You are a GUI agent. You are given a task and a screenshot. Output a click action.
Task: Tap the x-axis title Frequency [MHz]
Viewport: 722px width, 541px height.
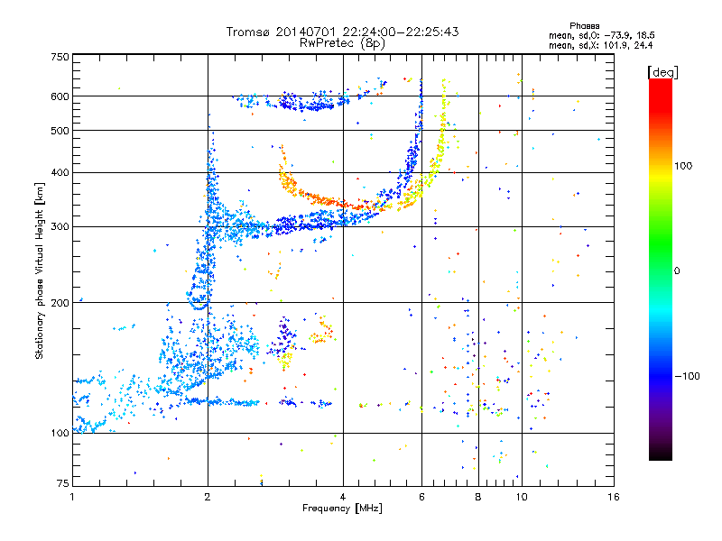tap(342, 509)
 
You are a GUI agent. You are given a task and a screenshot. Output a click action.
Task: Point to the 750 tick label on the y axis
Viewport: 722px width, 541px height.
tap(60, 57)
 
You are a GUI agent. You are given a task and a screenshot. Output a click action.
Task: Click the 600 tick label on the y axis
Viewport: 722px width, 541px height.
tap(60, 96)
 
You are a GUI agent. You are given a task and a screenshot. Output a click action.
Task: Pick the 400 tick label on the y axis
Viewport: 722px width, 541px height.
tap(60, 172)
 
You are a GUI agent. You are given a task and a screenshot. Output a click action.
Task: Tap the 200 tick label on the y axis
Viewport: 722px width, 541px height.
tap(60, 303)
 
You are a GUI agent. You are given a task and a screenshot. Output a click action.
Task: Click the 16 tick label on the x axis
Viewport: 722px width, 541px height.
tap(613, 497)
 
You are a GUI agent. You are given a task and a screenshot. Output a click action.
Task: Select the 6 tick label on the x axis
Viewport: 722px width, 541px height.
tap(421, 497)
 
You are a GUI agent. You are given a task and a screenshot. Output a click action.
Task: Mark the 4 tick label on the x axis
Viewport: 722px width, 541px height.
tap(343, 497)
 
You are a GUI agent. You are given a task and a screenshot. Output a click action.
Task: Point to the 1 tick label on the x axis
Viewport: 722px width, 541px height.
tap(73, 497)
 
